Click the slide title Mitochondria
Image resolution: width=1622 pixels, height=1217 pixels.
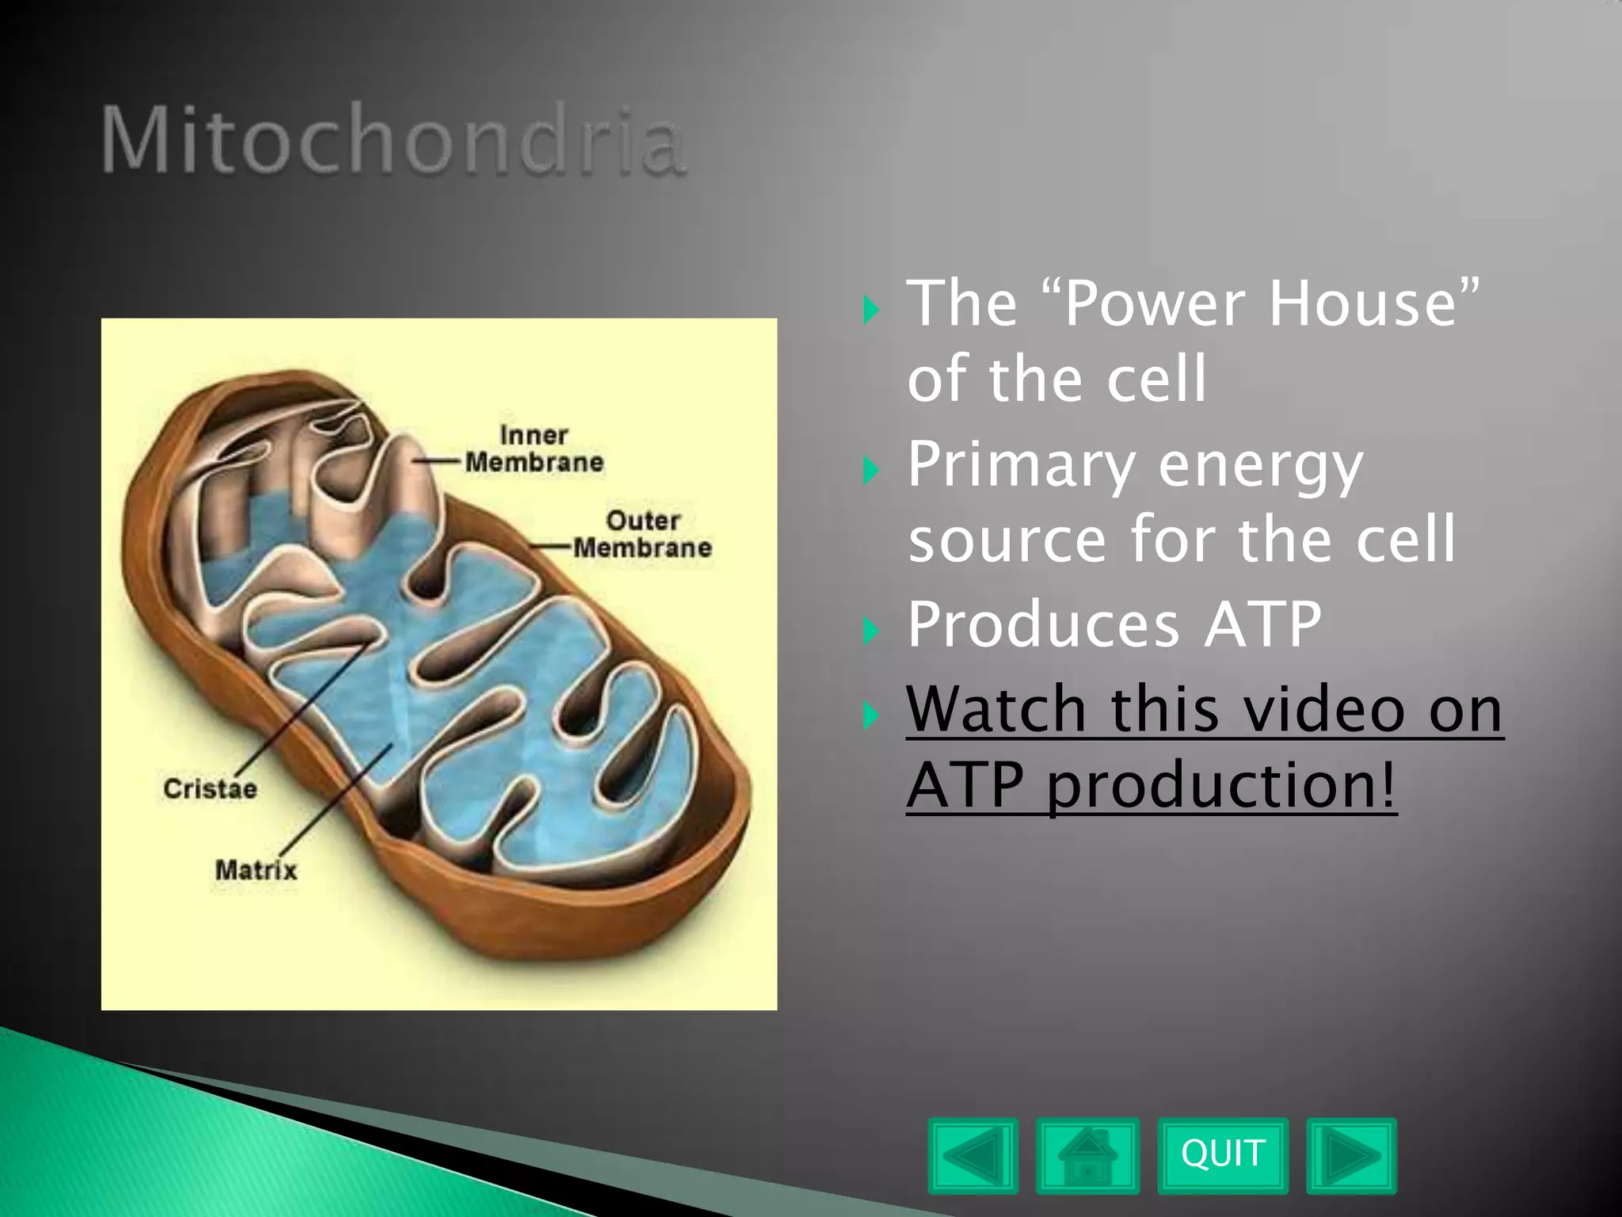pyautogui.click(x=393, y=141)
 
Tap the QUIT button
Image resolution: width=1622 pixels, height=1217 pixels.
pyautogui.click(x=1222, y=1154)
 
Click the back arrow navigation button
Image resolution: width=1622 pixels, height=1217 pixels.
pyautogui.click(x=973, y=1155)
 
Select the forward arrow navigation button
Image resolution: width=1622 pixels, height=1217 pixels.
pyautogui.click(x=1351, y=1155)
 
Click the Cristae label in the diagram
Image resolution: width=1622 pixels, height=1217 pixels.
pyautogui.click(x=210, y=789)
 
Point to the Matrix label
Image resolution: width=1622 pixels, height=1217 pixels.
pyautogui.click(x=256, y=870)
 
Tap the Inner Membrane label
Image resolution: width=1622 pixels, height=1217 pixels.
pyautogui.click(x=534, y=448)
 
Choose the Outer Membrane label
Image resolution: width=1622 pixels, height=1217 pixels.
pyautogui.click(x=642, y=534)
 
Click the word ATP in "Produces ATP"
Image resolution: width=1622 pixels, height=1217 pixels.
pyautogui.click(x=1262, y=624)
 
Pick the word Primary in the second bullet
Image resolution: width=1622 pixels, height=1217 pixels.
pyautogui.click(x=1021, y=465)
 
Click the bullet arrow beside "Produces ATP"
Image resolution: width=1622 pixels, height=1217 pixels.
pyautogui.click(x=870, y=631)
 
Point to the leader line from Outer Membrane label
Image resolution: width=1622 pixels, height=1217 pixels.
pyautogui.click(x=550, y=547)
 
